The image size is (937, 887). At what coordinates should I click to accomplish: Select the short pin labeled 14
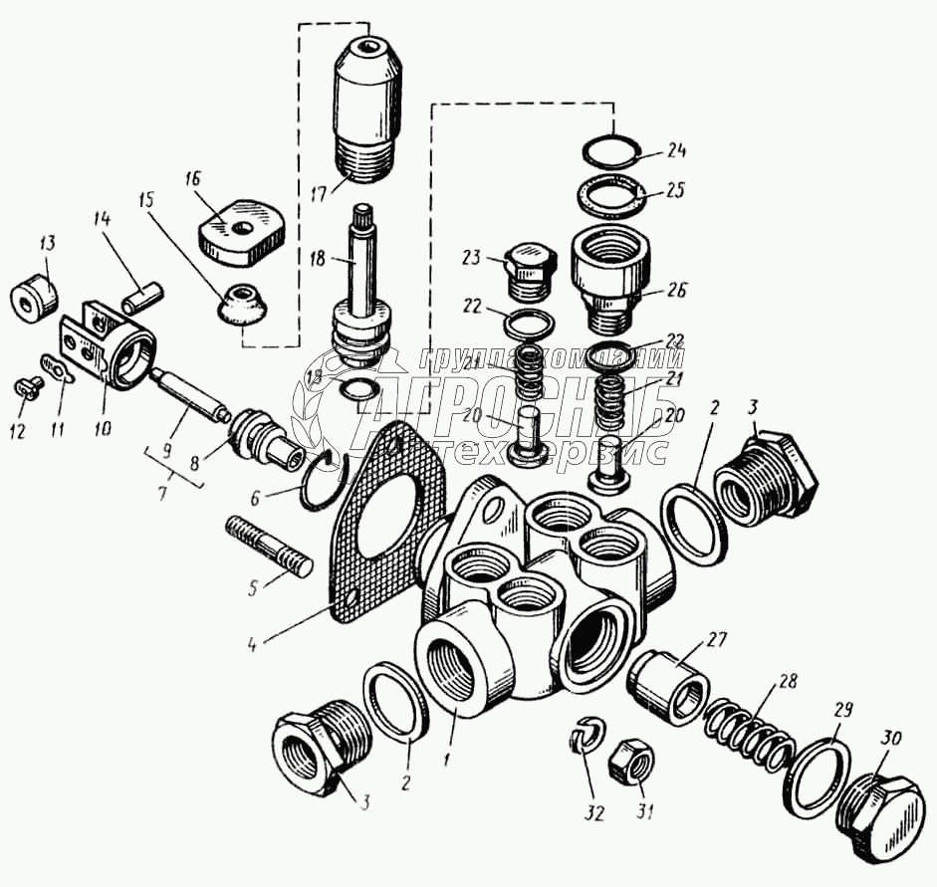pyautogui.click(x=139, y=297)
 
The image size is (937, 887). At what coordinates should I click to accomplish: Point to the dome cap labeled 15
pyautogui.click(x=241, y=302)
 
